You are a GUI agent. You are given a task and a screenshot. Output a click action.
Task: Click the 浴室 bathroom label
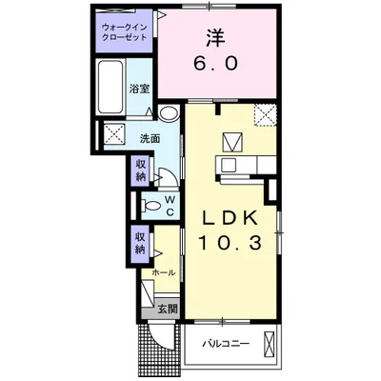(140, 89)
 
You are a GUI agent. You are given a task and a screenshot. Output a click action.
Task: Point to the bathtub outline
(110, 89)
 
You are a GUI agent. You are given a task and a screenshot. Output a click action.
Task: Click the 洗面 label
(150, 139)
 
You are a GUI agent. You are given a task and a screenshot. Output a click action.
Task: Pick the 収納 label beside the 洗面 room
(140, 170)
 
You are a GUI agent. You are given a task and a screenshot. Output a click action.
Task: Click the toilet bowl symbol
(149, 205)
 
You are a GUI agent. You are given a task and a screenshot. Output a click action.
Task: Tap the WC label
(169, 205)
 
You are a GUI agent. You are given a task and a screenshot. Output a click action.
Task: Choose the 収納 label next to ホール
(140, 243)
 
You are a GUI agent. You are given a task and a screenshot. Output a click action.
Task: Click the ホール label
(163, 272)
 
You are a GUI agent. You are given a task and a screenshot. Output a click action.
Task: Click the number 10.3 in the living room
(229, 244)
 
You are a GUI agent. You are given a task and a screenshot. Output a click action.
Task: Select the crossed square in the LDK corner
(266, 117)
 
